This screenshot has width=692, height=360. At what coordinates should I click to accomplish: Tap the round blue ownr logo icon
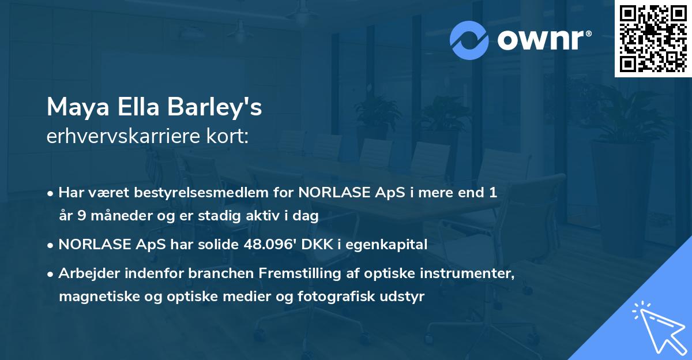click(469, 40)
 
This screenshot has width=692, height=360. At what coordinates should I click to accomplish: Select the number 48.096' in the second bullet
click(263, 245)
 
